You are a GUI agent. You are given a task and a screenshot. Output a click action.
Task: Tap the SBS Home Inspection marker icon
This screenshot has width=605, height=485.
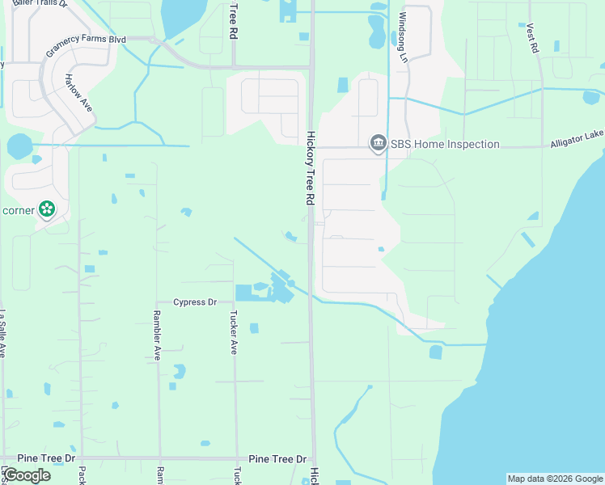click(378, 144)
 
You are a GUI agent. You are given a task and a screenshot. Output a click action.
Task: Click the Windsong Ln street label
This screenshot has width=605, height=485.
click(403, 38)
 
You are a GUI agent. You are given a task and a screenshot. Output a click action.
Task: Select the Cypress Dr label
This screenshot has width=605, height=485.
click(195, 302)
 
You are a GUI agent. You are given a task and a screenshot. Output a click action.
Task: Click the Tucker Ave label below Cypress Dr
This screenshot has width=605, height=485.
click(234, 332)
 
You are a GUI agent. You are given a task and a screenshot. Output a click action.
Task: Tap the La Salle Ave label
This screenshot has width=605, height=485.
click(3, 334)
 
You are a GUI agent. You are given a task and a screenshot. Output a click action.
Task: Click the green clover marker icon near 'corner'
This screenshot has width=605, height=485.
click(48, 210)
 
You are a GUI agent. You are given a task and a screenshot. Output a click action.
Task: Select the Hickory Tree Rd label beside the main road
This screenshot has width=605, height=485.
click(310, 168)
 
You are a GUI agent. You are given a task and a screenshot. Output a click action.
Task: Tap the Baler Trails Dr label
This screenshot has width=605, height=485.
click(39, 3)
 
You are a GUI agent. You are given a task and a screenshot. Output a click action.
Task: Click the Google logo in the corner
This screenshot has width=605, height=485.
click(27, 475)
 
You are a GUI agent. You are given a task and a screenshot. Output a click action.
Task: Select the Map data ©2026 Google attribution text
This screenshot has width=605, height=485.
click(555, 479)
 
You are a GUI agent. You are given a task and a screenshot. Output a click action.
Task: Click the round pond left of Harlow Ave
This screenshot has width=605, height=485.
click(19, 146)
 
